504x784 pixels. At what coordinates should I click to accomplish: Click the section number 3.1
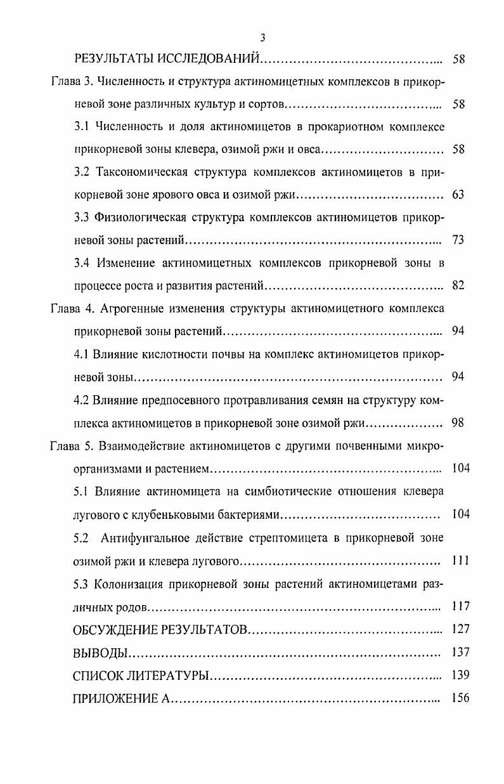(82, 126)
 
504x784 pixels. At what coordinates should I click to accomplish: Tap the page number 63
(458, 195)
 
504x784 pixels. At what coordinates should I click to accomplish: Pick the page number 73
(458, 240)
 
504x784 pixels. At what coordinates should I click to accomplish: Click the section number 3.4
(82, 263)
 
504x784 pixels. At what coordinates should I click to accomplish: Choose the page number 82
(458, 285)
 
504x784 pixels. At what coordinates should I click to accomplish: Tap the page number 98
(458, 422)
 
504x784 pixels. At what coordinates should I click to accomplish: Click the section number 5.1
(82, 491)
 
